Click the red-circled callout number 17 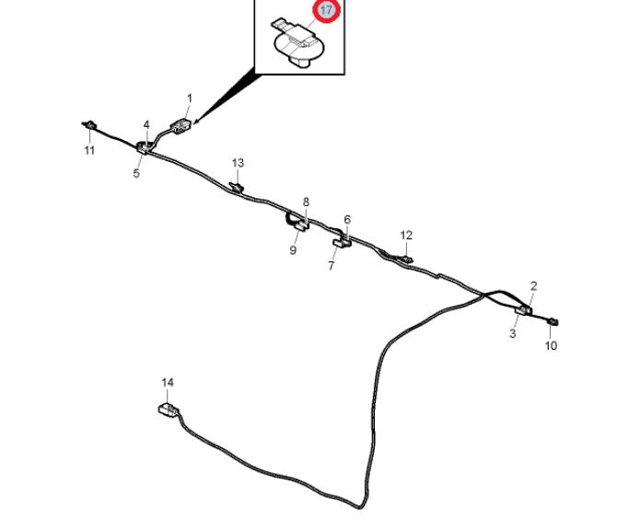(x=326, y=11)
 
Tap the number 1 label (x=190, y=98)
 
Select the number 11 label (x=89, y=151)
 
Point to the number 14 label (x=167, y=382)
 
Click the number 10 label (x=551, y=346)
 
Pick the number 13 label (x=238, y=164)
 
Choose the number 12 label (x=406, y=236)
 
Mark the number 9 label (x=293, y=250)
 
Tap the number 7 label (x=332, y=266)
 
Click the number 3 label (x=513, y=333)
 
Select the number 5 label (x=136, y=173)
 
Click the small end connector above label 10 (x=553, y=320)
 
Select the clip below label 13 (x=237, y=187)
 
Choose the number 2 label (x=533, y=287)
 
